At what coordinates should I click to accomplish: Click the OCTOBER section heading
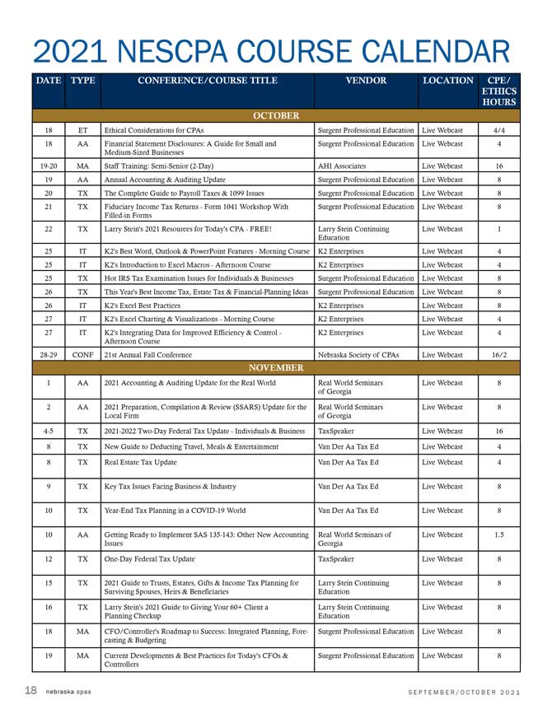pos(276,116)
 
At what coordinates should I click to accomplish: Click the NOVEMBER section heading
pos(276,367)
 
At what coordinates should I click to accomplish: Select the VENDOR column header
pos(366,81)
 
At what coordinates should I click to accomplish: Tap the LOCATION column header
pos(448,81)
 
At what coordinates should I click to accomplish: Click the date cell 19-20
pos(49,166)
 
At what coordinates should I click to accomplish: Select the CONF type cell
pos(82,354)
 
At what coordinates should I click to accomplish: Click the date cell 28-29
pos(49,354)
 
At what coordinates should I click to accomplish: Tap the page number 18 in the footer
pos(30,690)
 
